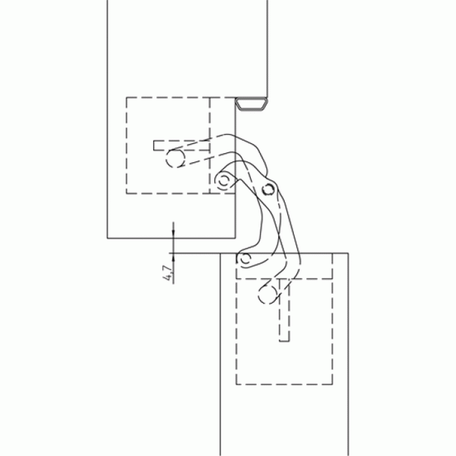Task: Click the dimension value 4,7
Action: click(168, 273)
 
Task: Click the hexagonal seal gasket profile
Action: click(251, 104)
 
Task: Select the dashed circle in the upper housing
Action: click(175, 158)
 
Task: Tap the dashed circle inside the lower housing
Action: click(268, 294)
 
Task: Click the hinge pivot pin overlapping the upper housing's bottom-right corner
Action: click(223, 181)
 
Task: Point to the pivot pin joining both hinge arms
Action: click(268, 190)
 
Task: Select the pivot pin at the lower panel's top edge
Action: click(245, 258)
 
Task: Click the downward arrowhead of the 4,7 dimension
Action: click(173, 233)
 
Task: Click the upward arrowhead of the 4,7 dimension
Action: click(173, 258)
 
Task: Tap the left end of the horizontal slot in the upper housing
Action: click(154, 145)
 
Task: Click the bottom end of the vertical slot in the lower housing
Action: click(284, 341)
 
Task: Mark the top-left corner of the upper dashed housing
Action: click(126, 98)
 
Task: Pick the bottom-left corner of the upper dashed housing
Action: click(126, 193)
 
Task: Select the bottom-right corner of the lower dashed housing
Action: click(332, 384)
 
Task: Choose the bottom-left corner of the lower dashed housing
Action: click(236, 384)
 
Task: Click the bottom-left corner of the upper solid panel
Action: click(107, 238)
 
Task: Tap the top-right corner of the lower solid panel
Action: click(348, 253)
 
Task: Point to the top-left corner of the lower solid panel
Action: click(220, 253)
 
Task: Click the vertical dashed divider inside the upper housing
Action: click(210, 145)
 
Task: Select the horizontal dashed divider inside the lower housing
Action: click(284, 279)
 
